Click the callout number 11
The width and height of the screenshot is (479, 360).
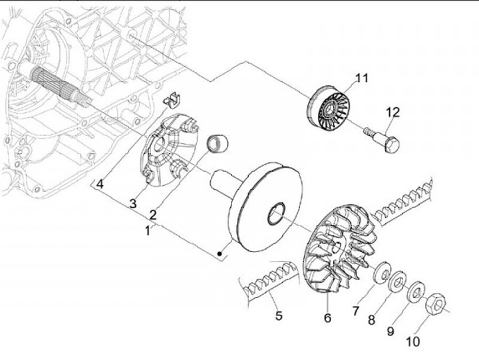click(x=361, y=79)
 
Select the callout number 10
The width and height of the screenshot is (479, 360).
click(x=412, y=342)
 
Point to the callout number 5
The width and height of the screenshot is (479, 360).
click(x=279, y=315)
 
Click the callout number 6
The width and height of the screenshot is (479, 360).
click(x=327, y=318)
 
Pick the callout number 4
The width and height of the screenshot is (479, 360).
click(x=99, y=183)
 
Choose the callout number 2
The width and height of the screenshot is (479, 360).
click(x=152, y=214)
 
